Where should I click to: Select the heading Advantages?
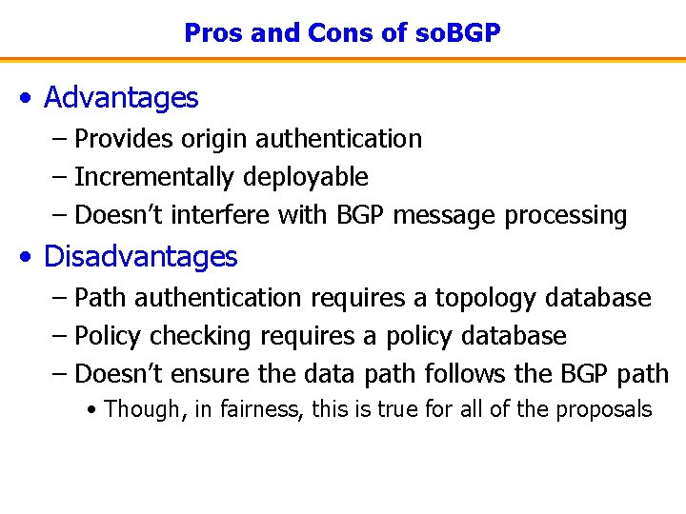121,97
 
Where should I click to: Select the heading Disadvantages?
140,256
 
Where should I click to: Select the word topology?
486,298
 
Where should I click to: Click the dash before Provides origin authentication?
59,140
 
